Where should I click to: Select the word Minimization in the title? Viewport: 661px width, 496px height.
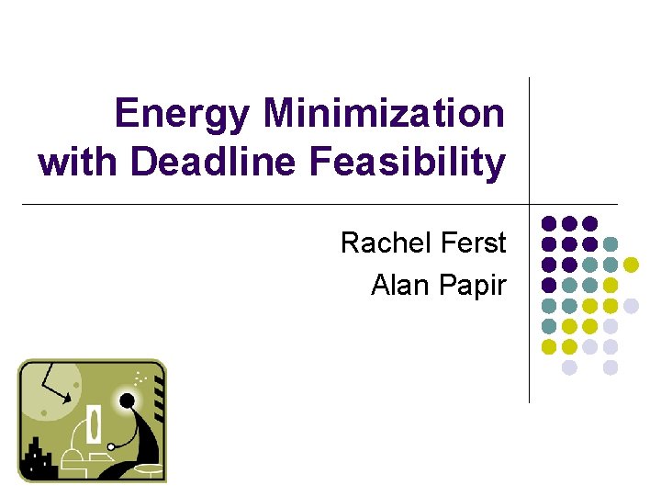384,114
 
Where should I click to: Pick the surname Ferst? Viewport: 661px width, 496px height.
474,243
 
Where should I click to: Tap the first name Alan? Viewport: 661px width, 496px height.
401,286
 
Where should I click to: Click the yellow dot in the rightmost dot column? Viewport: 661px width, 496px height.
631,265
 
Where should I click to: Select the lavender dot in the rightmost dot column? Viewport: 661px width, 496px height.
631,306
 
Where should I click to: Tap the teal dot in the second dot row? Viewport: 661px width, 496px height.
611,244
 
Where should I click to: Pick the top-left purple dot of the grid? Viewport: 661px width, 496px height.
549,223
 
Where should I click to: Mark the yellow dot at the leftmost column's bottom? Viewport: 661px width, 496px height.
549,347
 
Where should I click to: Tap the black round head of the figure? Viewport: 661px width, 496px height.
127,400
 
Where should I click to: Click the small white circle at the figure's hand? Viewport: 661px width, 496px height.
110,446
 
